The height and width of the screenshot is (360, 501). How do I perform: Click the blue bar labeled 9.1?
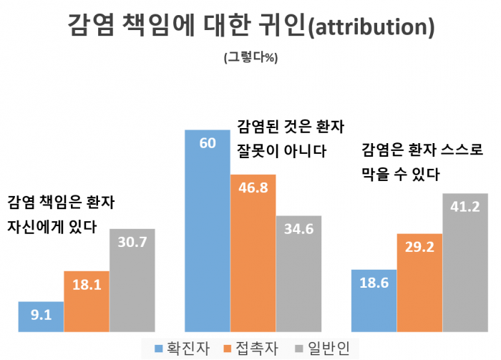coord(41,316)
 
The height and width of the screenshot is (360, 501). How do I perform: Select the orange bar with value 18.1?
coord(87,301)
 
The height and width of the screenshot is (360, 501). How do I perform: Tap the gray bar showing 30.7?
coord(132,281)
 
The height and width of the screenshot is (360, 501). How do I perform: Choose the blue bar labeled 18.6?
coord(374,301)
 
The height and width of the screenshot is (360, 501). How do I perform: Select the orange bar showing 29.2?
coord(419,283)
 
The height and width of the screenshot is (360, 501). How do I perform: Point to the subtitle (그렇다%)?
coord(250,57)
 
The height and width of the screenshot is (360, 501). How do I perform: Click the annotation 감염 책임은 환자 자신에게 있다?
coord(61,213)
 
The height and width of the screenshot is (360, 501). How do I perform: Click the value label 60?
coord(208,143)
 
